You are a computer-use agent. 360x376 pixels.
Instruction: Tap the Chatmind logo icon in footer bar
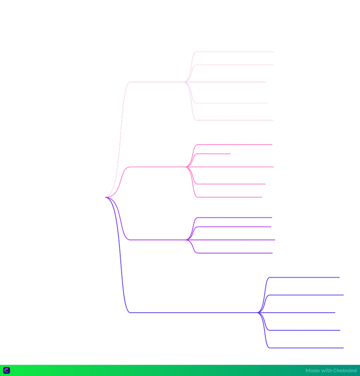click(x=7, y=370)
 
